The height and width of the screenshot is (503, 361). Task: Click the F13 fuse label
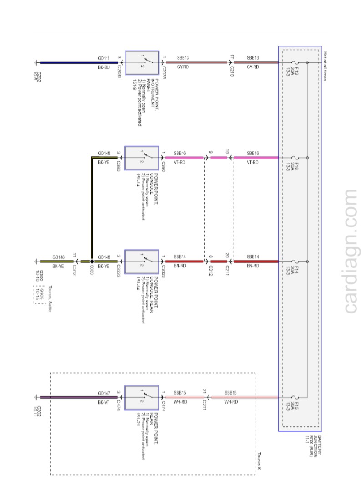pos(296,71)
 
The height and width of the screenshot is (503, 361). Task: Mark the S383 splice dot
pos(92,262)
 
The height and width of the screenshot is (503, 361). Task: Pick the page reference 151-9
pos(135,83)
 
